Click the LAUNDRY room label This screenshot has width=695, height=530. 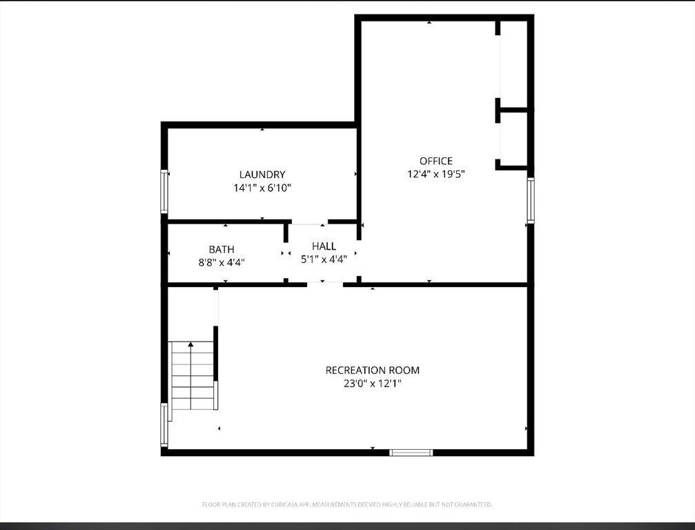click(262, 175)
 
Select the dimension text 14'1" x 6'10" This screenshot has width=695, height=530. click(262, 188)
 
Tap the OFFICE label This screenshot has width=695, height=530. click(436, 161)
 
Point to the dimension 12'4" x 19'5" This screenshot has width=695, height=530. click(436, 174)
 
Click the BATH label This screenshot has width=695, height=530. click(222, 249)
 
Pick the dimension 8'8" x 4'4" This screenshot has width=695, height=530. click(222, 262)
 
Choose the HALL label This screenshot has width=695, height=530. click(324, 246)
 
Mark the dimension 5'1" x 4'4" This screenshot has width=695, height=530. click(324, 259)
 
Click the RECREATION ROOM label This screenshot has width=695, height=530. click(372, 370)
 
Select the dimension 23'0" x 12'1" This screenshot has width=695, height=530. click(372, 383)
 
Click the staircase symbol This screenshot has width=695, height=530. click(192, 375)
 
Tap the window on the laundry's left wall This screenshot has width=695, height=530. click(164, 191)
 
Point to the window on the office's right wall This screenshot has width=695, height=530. click(531, 200)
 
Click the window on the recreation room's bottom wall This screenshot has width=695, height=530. click(411, 453)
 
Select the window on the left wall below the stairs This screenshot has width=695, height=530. click(164, 424)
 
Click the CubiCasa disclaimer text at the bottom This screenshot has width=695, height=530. click(347, 505)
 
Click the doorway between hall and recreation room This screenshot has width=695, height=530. click(325, 284)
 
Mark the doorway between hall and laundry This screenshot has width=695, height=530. click(309, 222)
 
